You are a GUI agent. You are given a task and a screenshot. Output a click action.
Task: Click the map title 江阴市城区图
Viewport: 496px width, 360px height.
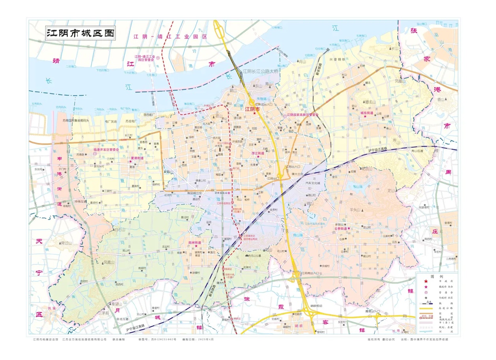pos(80,33)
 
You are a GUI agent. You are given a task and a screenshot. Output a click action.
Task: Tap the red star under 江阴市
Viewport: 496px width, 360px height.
pos(255,114)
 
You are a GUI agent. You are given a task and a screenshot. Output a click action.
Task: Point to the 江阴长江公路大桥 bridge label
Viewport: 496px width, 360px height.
pos(261,71)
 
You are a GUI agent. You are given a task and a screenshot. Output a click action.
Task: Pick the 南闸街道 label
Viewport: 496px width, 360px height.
pos(195,242)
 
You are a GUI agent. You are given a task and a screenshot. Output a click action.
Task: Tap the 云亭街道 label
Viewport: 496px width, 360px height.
pos(341,228)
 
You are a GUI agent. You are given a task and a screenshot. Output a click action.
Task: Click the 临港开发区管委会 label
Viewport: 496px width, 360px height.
pos(106,150)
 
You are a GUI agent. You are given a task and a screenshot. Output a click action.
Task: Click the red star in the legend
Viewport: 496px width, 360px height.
pos(426,281)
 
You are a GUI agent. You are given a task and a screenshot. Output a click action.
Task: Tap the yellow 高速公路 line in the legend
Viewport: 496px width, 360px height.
pos(426,308)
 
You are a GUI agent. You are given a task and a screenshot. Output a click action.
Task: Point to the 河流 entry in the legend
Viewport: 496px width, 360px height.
pos(446,331)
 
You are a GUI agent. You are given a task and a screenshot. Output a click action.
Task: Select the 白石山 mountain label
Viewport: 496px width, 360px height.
pos(119,229)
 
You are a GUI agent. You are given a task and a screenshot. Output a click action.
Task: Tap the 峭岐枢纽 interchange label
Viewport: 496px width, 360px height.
pos(316,306)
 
